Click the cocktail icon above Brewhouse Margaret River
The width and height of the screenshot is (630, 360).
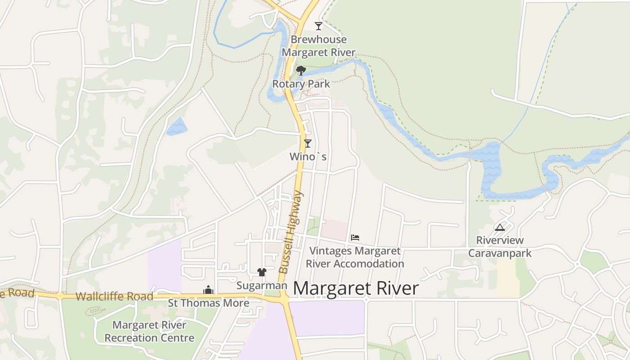point(319,26)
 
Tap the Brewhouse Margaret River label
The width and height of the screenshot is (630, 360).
point(319,46)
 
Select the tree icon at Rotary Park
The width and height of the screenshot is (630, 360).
point(301,70)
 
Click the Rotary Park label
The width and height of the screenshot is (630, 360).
point(301,84)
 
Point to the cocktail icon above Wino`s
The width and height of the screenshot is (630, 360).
point(308,144)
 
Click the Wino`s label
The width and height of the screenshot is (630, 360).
point(308,157)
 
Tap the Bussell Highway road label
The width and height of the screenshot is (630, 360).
point(291,232)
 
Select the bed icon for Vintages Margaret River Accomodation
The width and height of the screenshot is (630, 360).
point(355,237)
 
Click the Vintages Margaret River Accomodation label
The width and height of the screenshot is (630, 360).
point(355,257)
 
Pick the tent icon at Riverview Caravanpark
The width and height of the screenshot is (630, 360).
point(499,227)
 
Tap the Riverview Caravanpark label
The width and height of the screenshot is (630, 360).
point(500,247)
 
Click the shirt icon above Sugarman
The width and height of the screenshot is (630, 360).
point(262,272)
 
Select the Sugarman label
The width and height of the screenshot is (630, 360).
point(261,286)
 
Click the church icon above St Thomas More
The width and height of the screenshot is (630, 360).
point(208,290)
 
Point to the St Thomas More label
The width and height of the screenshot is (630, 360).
point(208,303)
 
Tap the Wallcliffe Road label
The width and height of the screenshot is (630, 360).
point(114,297)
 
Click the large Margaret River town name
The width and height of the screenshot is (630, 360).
point(355,288)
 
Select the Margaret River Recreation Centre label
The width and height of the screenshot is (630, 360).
point(149,331)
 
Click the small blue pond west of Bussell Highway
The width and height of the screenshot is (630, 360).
point(177,126)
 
